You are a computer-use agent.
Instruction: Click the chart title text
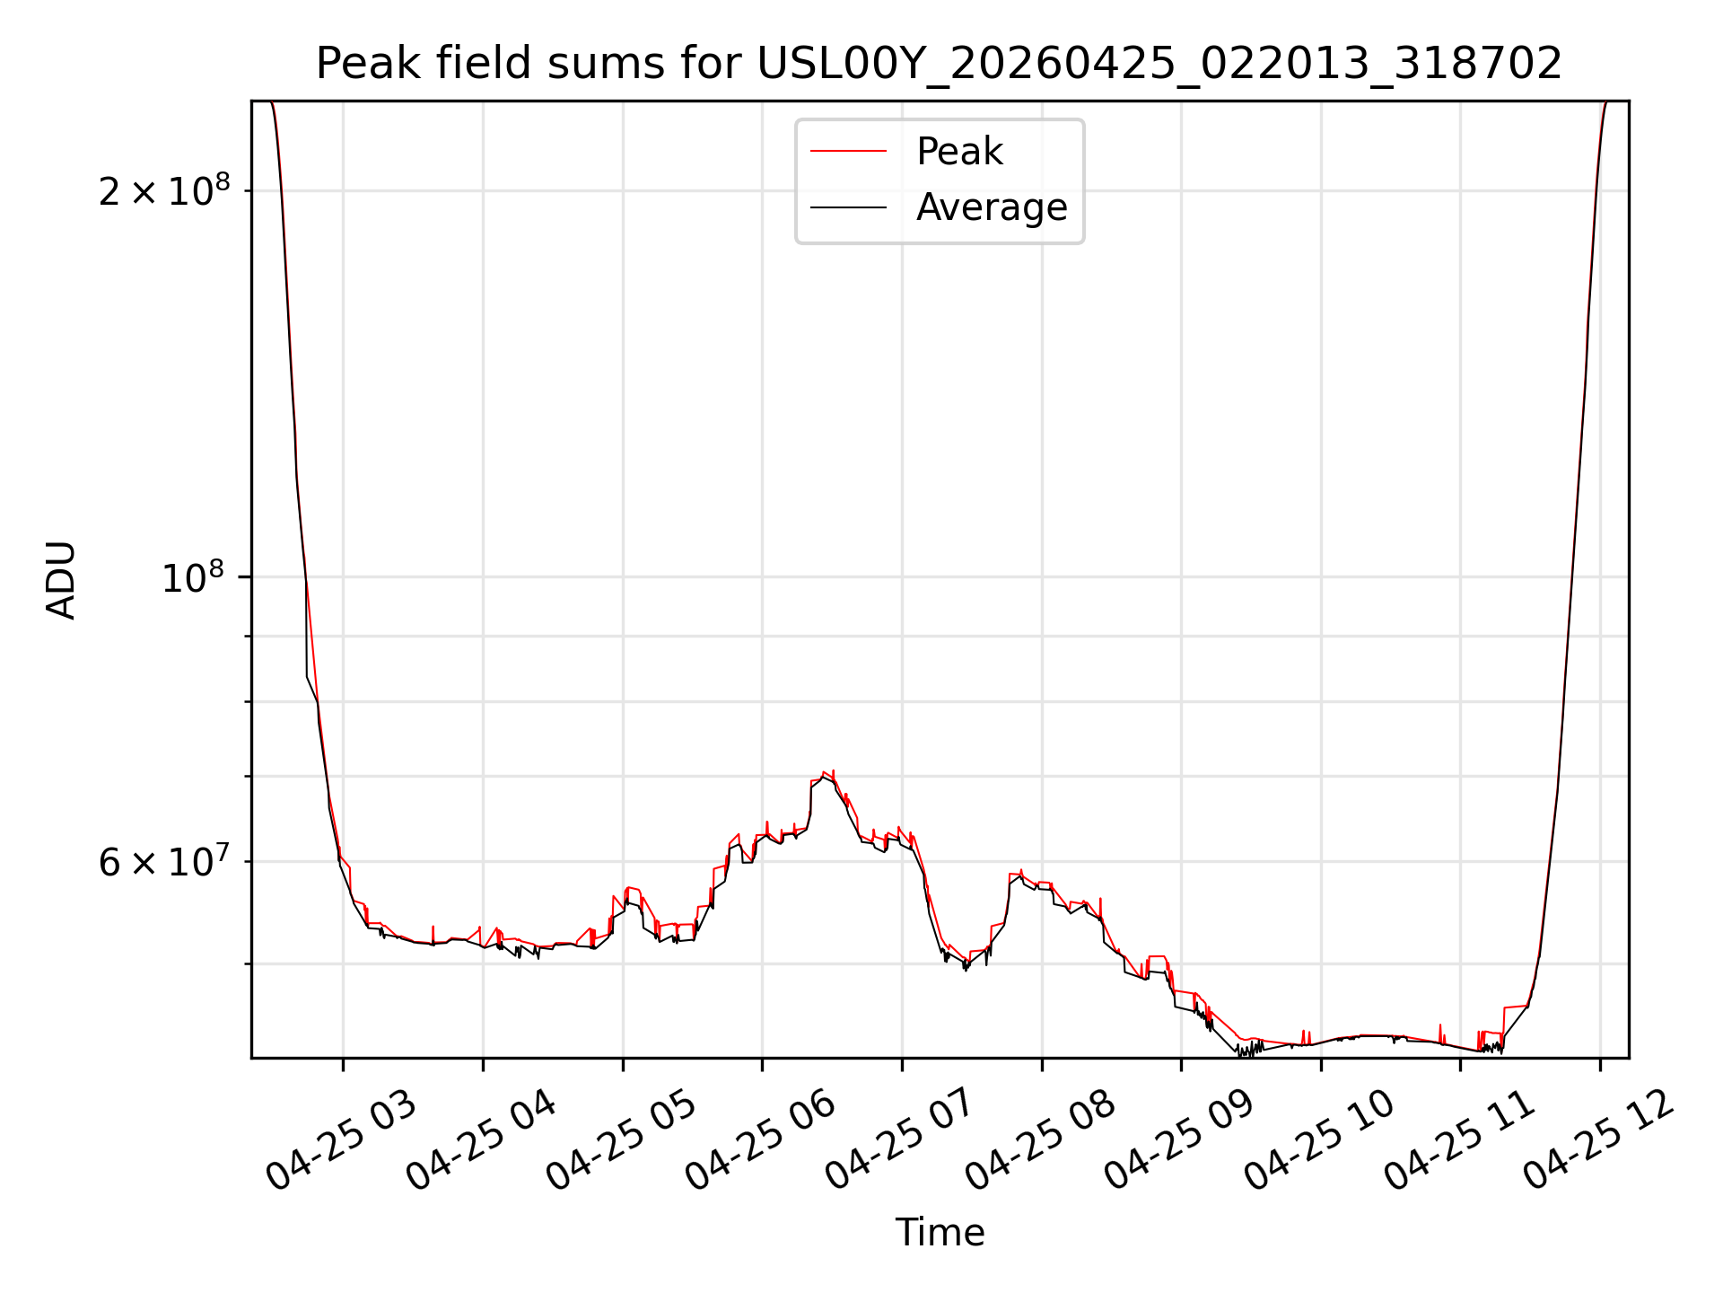940,64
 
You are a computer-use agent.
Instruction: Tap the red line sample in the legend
848,152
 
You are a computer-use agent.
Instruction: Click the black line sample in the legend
848,207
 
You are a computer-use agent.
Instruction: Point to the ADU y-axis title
61,580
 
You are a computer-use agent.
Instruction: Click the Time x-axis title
940,1232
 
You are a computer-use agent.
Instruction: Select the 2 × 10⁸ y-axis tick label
164,189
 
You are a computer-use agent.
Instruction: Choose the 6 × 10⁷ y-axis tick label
164,861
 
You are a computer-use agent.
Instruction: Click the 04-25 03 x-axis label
342,1140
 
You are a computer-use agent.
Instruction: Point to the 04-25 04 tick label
482,1140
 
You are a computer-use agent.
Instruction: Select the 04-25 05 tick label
622,1140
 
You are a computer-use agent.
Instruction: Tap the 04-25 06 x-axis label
761,1140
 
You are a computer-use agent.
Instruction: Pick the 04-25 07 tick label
901,1140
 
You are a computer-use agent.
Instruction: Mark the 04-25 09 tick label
1180,1140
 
